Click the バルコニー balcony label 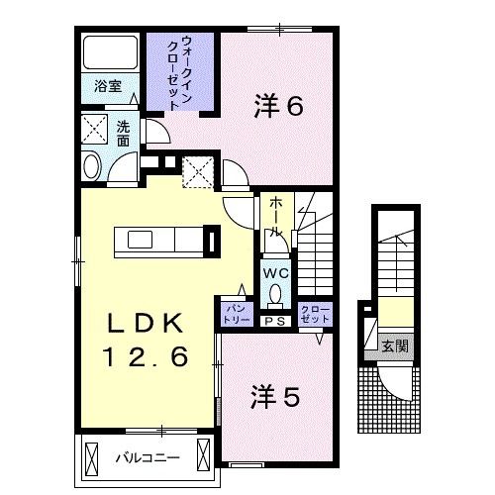[x=146, y=458]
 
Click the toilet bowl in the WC [x=274, y=295]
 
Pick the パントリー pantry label [x=234, y=314]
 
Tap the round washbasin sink [x=91, y=166]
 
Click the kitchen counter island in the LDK [x=163, y=240]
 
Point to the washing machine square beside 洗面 [x=95, y=131]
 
